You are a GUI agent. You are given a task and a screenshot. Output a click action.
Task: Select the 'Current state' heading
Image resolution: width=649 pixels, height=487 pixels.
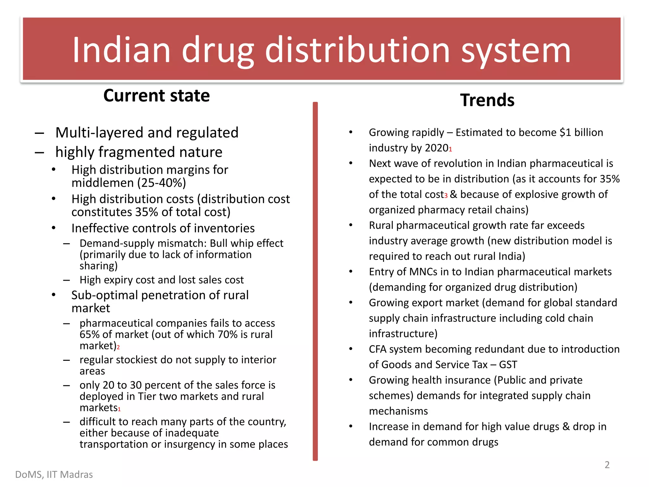tap(157, 95)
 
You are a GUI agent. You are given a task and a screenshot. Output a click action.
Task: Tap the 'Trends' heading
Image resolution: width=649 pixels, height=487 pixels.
tap(487, 100)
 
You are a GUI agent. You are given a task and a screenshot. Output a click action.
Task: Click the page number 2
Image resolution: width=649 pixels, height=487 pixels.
tap(607, 465)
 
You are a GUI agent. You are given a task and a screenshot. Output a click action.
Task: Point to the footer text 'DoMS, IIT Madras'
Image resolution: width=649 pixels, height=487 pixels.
tap(54, 475)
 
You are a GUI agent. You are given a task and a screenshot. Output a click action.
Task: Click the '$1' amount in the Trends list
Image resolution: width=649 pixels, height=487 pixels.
tap(565, 133)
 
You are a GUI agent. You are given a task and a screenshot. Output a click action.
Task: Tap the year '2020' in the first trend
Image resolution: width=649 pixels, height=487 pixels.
tap(436, 148)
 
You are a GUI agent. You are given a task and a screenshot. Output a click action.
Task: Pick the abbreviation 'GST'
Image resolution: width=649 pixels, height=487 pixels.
tap(508, 365)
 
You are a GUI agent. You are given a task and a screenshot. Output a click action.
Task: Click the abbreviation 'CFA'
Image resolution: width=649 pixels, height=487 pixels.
tap(377, 349)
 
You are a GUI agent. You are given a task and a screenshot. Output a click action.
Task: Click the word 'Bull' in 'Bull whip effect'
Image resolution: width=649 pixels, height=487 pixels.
tap(219, 243)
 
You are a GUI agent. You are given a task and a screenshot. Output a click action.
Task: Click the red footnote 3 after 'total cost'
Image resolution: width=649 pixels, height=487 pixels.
tap(446, 196)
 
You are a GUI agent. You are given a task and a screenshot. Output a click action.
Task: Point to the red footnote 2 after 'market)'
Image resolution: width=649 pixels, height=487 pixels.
tap(118, 347)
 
